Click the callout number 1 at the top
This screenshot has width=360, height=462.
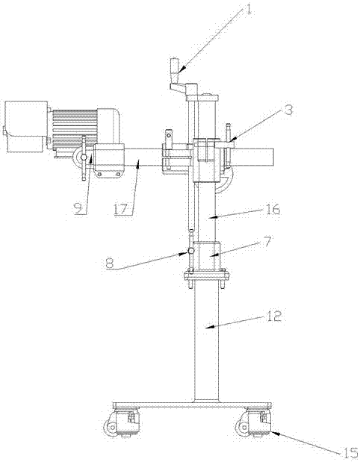pyautogui.click(x=249, y=8)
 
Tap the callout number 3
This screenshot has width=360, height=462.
pyautogui.click(x=288, y=110)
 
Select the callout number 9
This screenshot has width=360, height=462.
pyautogui.click(x=78, y=209)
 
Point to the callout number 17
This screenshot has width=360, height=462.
pyautogui.click(x=120, y=209)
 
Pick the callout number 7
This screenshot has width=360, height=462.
pyautogui.click(x=266, y=243)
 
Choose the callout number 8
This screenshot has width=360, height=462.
pyautogui.click(x=111, y=263)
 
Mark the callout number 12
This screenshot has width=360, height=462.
pyautogui.click(x=274, y=316)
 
